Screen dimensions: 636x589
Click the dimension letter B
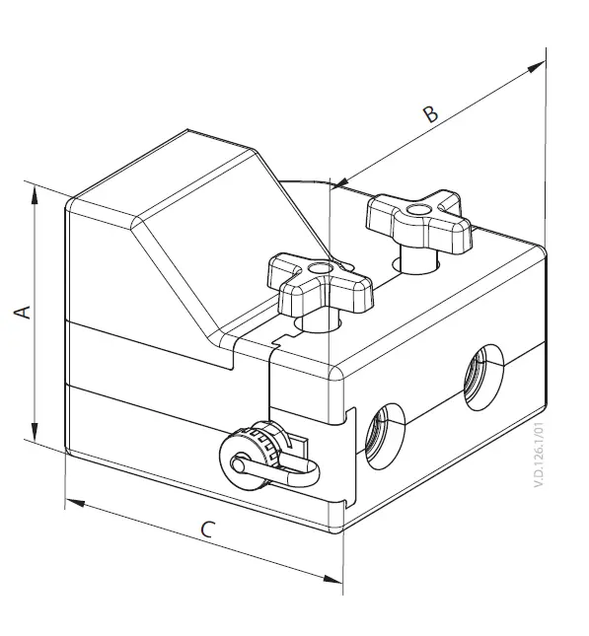click(430, 113)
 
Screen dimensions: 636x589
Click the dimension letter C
click(206, 530)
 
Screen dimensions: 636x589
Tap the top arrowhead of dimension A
click(36, 194)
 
